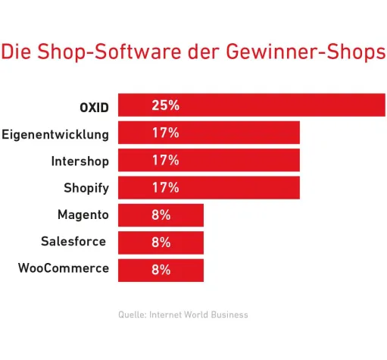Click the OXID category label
(x=94, y=107)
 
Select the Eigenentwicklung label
(x=55, y=134)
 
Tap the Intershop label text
(x=80, y=161)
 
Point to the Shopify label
(x=86, y=188)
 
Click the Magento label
(x=83, y=214)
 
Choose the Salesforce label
(x=74, y=242)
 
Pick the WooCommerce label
(x=63, y=268)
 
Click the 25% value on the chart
(x=165, y=105)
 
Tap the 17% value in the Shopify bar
(x=165, y=187)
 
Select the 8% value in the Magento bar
(x=161, y=214)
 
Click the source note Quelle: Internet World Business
(x=183, y=315)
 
